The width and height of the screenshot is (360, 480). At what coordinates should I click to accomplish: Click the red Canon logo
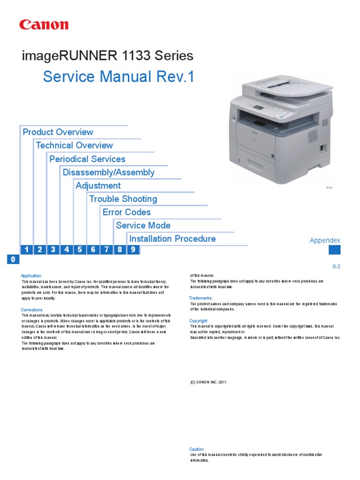(x=44, y=25)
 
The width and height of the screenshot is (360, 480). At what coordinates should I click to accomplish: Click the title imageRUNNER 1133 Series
(x=107, y=56)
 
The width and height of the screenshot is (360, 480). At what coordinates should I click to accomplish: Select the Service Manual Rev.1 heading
(x=118, y=77)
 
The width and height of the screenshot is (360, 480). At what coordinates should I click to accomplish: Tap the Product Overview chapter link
(x=58, y=132)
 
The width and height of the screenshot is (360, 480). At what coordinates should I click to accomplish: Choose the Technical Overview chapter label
(x=74, y=145)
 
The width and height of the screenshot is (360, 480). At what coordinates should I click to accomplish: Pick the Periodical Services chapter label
(x=87, y=159)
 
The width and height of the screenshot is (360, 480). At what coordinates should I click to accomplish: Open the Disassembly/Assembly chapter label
(x=108, y=172)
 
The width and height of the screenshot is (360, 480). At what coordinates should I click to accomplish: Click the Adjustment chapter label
(x=98, y=186)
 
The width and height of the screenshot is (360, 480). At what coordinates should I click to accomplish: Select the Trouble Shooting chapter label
(x=123, y=199)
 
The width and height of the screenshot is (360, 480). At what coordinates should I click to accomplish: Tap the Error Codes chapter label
(x=127, y=212)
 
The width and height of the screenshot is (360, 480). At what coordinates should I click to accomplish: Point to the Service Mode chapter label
(x=143, y=225)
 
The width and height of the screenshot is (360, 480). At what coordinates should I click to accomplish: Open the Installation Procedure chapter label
(x=172, y=239)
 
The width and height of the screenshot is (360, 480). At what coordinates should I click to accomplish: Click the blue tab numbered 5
(x=80, y=249)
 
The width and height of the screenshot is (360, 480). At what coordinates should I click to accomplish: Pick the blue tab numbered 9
(x=133, y=249)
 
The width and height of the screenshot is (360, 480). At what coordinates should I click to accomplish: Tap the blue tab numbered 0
(x=13, y=260)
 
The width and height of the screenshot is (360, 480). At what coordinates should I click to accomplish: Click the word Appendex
(x=325, y=240)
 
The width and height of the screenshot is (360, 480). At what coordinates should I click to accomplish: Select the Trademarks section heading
(x=200, y=298)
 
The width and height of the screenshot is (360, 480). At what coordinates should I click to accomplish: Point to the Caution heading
(x=196, y=449)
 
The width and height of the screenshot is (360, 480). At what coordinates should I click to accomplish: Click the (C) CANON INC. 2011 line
(x=208, y=382)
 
